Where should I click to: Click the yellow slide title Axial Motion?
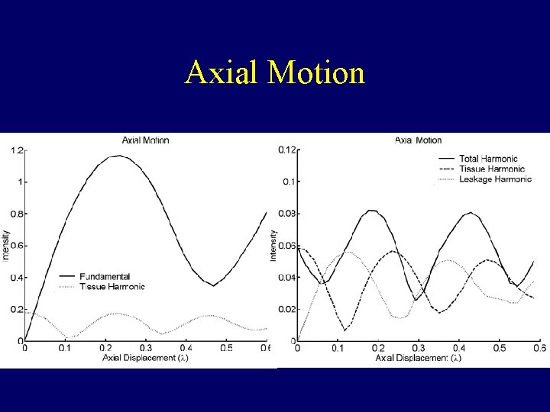pos(275,73)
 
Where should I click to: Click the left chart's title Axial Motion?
pos(145,140)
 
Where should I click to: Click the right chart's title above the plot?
pos(418,140)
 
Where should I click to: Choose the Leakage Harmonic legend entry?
pos(495,179)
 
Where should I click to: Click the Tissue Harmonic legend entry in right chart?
pos(492,169)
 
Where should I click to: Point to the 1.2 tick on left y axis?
pos(16,150)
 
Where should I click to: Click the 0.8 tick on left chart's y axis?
pos(16,214)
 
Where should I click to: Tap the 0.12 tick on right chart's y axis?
pos(286,150)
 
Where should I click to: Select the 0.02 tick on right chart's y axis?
pos(286,309)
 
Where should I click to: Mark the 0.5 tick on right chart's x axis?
pos(499,349)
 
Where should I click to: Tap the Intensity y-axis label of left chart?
pos(5,244)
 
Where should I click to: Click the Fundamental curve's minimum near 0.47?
pos(214,285)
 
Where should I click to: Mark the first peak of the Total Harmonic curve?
pos(370,211)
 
